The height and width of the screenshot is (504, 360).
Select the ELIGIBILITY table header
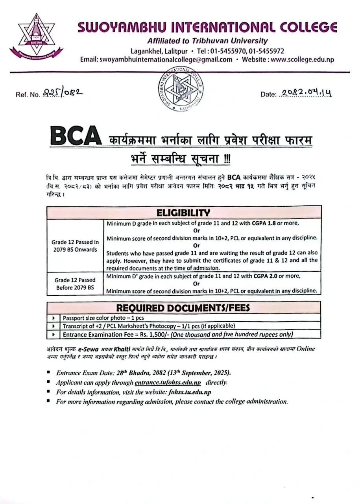[184, 213]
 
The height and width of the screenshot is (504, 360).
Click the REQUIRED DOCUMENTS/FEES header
[183, 308]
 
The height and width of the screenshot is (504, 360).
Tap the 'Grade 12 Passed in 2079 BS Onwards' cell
[75, 246]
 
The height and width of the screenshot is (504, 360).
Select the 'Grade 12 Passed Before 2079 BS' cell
[75, 283]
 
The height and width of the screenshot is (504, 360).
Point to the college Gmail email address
[166, 59]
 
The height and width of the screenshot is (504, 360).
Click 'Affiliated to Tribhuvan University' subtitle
[207, 41]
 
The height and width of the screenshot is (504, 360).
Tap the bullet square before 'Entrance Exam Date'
[48, 372]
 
